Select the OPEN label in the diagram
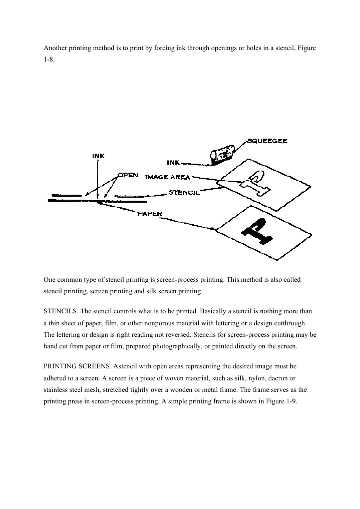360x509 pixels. click(127, 176)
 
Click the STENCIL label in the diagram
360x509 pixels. click(184, 192)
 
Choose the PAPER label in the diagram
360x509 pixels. click(150, 214)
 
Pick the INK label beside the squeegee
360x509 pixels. click(173, 162)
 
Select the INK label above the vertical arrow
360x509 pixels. click(99, 155)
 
